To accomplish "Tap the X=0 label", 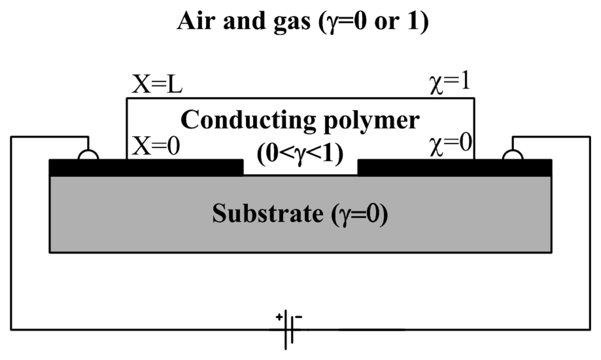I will tap(156, 147).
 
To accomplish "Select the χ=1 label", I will tap(450, 83).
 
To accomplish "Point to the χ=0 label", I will tap(451, 144).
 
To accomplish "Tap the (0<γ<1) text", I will tap(300, 154).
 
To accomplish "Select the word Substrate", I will tap(268, 213).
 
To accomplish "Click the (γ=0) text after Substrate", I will tap(360, 214).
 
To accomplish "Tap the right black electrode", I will tap(454, 168).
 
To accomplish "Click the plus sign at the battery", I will tap(279, 317).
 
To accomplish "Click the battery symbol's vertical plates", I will tap(289, 330).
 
